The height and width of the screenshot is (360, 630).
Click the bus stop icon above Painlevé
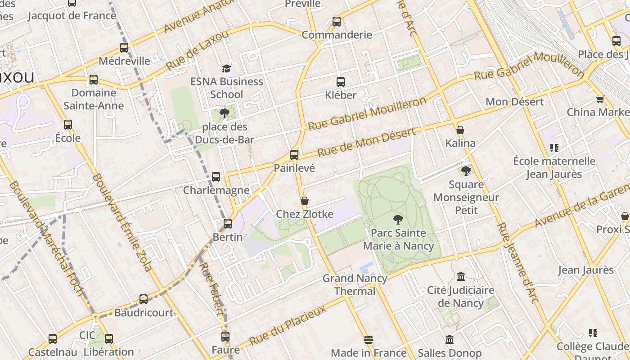pyautogui.click(x=294, y=154)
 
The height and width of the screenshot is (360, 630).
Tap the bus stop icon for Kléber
pyautogui.click(x=341, y=82)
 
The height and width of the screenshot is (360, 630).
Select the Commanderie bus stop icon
pyautogui.click(x=337, y=21)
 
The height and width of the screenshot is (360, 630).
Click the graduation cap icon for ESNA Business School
pyautogui.click(x=226, y=68)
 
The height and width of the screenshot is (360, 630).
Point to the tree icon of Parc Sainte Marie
pyautogui.click(x=398, y=220)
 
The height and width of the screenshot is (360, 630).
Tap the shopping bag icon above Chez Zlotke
pyautogui.click(x=305, y=201)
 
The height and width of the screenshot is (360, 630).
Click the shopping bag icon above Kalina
pyautogui.click(x=460, y=130)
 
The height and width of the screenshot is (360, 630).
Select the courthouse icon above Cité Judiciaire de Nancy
pyautogui.click(x=460, y=277)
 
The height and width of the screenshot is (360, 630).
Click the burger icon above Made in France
pyautogui.click(x=369, y=339)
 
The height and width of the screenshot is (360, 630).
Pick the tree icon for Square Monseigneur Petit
pyautogui.click(x=466, y=171)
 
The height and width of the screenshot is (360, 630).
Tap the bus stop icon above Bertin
pyautogui.click(x=228, y=223)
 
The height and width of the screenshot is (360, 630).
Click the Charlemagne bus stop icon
pyautogui.click(x=216, y=177)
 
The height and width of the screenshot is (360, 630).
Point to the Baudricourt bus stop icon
pyautogui.click(x=144, y=299)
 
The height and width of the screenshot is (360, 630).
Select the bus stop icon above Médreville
pyautogui.click(x=124, y=47)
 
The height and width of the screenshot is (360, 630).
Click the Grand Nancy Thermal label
pyautogui.click(x=355, y=284)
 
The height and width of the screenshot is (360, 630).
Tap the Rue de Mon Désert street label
pyautogui.click(x=366, y=143)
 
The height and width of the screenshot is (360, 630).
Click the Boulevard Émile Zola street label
pyautogui.click(x=121, y=223)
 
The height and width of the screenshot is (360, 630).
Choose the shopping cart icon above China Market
pyautogui.click(x=600, y=99)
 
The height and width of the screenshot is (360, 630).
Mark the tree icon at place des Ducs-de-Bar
pyautogui.click(x=224, y=113)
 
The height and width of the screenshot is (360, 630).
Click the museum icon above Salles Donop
pyautogui.click(x=450, y=339)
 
